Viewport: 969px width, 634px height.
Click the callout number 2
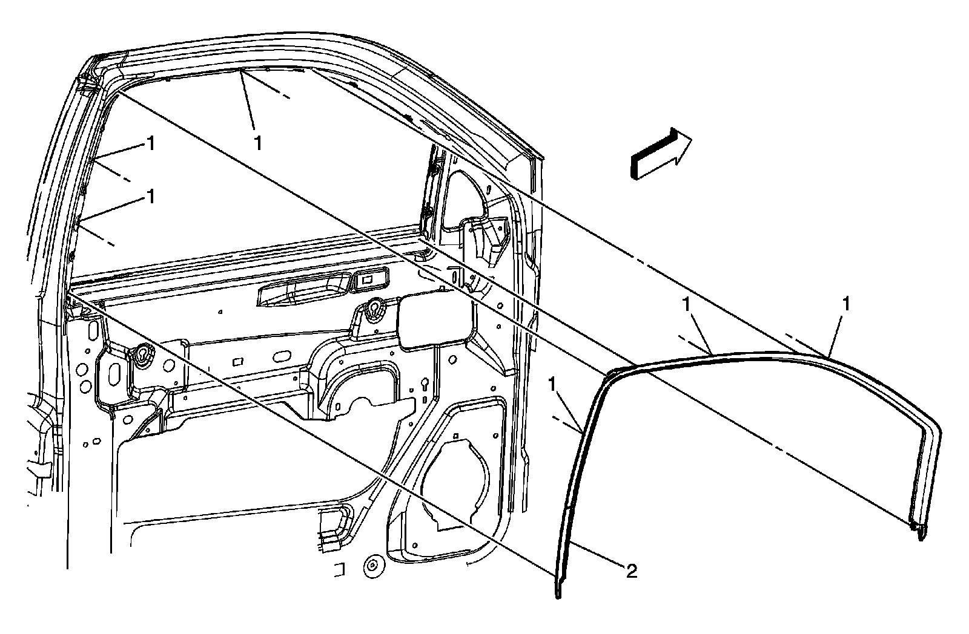pyautogui.click(x=631, y=571)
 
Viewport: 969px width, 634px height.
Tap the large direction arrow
pyautogui.click(x=661, y=154)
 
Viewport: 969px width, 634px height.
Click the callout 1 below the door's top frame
pyautogui.click(x=258, y=143)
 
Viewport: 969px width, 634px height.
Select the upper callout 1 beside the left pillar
pyautogui.click(x=150, y=143)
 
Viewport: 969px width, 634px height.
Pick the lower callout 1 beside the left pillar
pyautogui.click(x=150, y=197)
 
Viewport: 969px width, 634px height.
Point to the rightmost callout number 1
pyautogui.click(x=846, y=304)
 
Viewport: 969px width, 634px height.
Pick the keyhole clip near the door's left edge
pyautogui.click(x=143, y=355)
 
